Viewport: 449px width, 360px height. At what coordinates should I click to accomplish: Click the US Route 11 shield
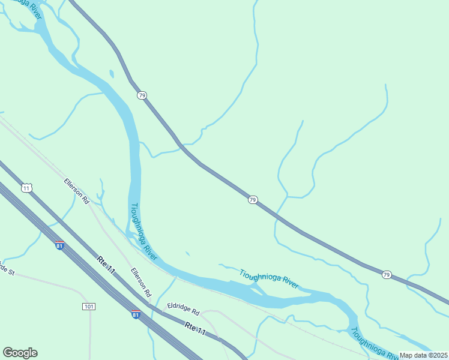(x=26, y=188)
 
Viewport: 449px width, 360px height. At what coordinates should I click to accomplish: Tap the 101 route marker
(x=89, y=307)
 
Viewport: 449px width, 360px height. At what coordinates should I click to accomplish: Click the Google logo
(x=20, y=353)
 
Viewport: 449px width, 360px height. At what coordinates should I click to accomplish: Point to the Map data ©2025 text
(x=423, y=355)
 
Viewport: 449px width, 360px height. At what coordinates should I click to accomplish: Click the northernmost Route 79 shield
(x=142, y=95)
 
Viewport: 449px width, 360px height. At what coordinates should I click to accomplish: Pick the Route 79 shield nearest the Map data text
(x=387, y=275)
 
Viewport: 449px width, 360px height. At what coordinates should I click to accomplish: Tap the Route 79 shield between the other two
(x=253, y=199)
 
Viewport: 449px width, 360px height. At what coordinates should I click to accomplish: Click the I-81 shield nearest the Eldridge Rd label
(x=136, y=314)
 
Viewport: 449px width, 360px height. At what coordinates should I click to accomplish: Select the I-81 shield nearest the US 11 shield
(x=59, y=246)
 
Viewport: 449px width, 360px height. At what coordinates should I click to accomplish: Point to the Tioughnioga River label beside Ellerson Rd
(x=143, y=232)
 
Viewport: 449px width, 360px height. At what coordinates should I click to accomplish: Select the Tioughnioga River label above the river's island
(x=269, y=278)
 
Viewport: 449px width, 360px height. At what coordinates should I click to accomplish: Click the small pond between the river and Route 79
(x=111, y=74)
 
